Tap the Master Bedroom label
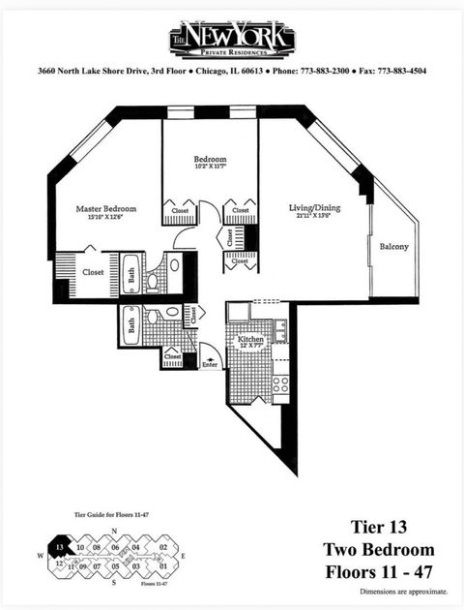(x=106, y=208)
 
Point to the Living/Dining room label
(x=315, y=207)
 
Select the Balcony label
(x=393, y=246)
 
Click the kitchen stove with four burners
(x=280, y=386)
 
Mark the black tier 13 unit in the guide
(x=60, y=547)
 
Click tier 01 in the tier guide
(x=163, y=565)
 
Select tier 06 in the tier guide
(x=114, y=548)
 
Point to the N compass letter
(x=114, y=534)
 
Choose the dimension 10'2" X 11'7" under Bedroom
(x=210, y=168)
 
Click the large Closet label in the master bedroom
(x=93, y=273)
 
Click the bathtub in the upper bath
(x=132, y=274)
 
